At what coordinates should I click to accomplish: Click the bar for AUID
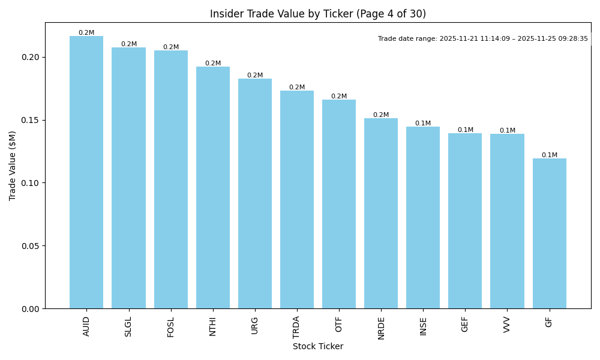tap(86, 172)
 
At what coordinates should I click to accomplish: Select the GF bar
tap(549, 233)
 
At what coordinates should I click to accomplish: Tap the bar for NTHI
tap(212, 187)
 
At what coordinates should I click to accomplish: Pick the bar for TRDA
tap(297, 199)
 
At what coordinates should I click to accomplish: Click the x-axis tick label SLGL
tap(128, 326)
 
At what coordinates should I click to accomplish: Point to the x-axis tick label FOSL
tap(170, 326)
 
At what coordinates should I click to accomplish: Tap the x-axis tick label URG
tap(255, 325)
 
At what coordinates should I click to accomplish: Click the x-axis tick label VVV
tap(507, 325)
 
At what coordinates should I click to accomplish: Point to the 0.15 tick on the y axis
tap(32, 120)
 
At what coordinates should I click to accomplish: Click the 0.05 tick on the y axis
tap(32, 246)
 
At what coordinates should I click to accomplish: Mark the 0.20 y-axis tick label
tap(32, 57)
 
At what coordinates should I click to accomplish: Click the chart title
tap(318, 14)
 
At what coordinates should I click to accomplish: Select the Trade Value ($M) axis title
tap(13, 166)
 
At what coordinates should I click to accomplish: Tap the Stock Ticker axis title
tap(318, 346)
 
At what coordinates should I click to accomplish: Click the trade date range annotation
tap(482, 38)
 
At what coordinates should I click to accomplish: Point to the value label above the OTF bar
tap(339, 96)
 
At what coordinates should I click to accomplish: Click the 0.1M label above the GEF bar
tap(465, 130)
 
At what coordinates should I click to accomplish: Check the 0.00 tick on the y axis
tap(32, 308)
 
